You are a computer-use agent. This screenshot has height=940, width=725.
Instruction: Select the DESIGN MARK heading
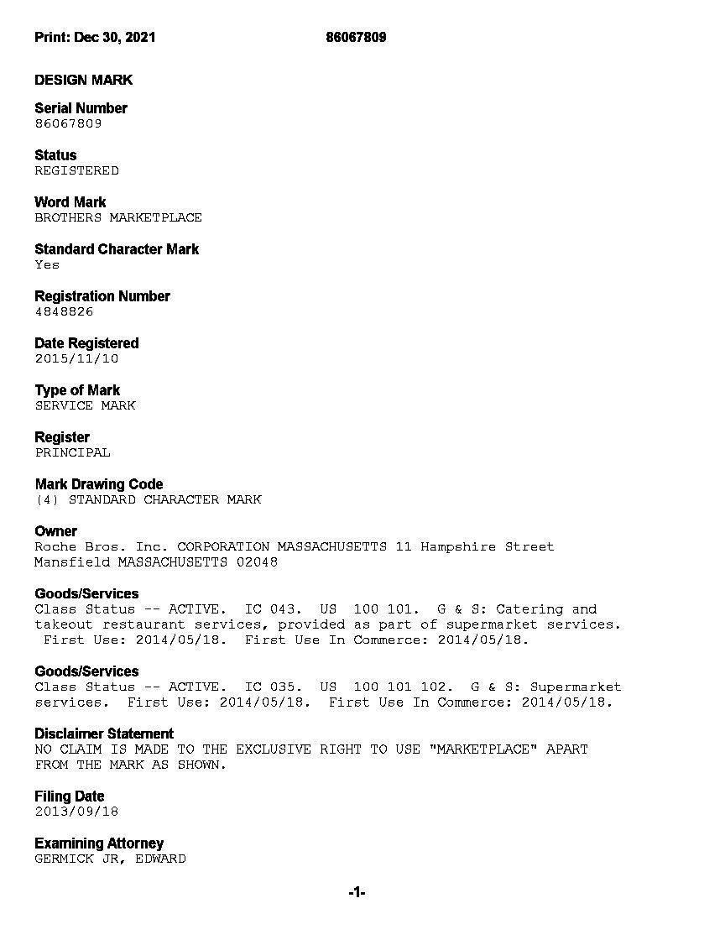(83, 80)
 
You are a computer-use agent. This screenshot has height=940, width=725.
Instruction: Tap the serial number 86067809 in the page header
(356, 37)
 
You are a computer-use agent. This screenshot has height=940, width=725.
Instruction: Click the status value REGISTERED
(76, 170)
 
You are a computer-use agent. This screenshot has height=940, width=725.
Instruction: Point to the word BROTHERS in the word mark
(68, 217)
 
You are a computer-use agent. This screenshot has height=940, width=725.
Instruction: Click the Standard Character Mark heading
(117, 249)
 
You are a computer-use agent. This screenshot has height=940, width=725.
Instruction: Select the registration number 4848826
(64, 311)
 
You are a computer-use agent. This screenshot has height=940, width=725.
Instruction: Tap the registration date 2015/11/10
(76, 358)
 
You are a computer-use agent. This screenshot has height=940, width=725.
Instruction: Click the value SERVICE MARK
(85, 405)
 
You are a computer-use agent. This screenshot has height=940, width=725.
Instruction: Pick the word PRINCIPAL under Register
(72, 452)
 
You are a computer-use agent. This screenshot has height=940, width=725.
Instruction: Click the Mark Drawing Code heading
(99, 484)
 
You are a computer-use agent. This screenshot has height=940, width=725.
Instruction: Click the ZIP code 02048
(257, 562)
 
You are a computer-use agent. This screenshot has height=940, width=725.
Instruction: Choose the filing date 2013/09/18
(76, 812)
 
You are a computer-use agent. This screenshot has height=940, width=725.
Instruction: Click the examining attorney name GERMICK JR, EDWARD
(110, 859)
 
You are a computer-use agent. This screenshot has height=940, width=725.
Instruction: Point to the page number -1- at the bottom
(357, 893)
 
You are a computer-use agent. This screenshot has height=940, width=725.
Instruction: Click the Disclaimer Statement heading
(104, 734)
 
